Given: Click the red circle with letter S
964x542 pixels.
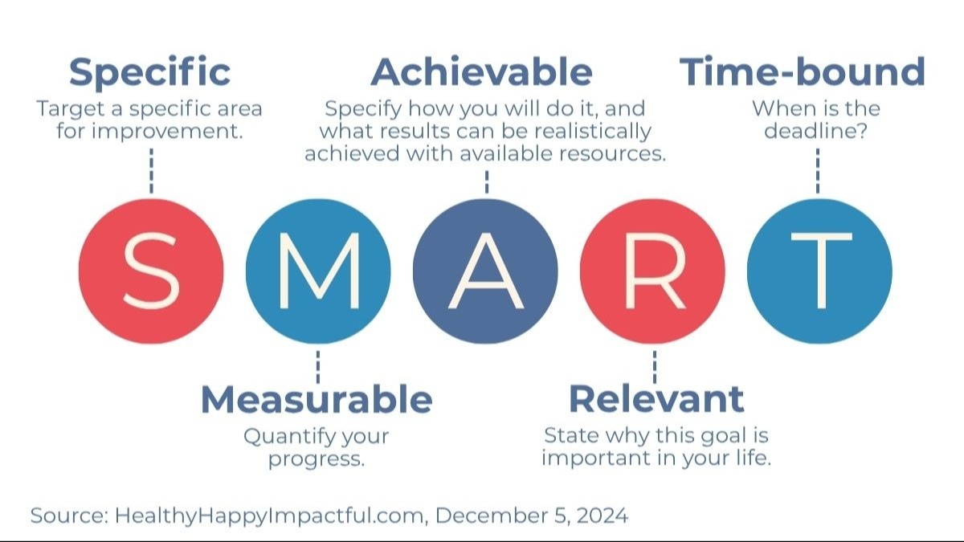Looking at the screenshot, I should pyautogui.click(x=151, y=271).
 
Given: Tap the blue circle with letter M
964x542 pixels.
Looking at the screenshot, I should pyautogui.click(x=318, y=271).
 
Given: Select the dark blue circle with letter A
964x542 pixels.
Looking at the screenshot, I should pyautogui.click(x=485, y=271).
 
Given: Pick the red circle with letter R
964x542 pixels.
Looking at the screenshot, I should pyautogui.click(x=652, y=271).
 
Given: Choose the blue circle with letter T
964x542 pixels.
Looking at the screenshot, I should pyautogui.click(x=819, y=271).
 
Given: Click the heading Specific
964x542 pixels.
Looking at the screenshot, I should pyautogui.click(x=150, y=72).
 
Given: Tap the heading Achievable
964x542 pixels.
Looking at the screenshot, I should pyautogui.click(x=482, y=72).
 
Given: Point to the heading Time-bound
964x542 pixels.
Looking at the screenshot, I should pyautogui.click(x=803, y=72).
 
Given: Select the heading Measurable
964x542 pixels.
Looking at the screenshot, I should pyautogui.click(x=317, y=399).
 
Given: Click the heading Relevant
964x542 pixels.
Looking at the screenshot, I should pyautogui.click(x=656, y=399).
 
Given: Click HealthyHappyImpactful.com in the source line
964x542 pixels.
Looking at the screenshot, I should pyautogui.click(x=270, y=516).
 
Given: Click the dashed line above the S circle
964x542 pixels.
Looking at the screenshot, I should pyautogui.click(x=151, y=170).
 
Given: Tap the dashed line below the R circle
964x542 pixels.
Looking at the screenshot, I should pyautogui.click(x=654, y=365).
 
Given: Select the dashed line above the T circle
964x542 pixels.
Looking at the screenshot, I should pyautogui.click(x=818, y=170).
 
